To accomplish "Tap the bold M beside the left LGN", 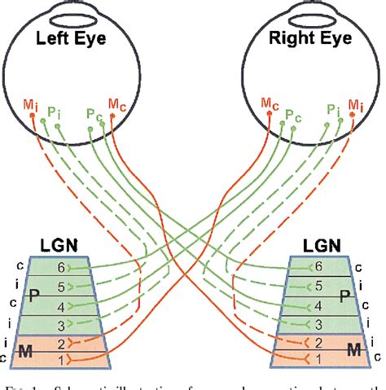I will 28,350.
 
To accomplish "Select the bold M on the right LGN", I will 355,350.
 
